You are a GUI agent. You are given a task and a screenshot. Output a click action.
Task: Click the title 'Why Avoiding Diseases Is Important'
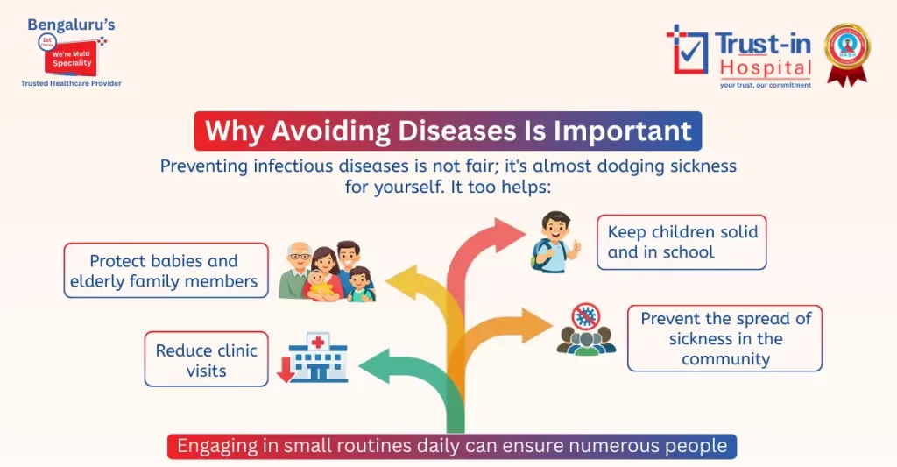pyautogui.click(x=448, y=131)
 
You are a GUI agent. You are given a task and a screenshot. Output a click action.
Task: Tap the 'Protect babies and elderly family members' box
pyautogui.click(x=166, y=271)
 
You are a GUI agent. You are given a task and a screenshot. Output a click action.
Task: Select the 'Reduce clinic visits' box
pyautogui.click(x=206, y=360)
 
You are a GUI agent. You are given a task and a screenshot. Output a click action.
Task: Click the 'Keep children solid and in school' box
pyautogui.click(x=682, y=242)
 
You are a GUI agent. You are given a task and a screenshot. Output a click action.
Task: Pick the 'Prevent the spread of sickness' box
pyautogui.click(x=724, y=339)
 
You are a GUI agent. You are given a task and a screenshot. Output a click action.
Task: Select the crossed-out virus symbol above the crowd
pyautogui.click(x=586, y=316)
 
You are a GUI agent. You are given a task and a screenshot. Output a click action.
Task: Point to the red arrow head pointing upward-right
pyautogui.click(x=507, y=235)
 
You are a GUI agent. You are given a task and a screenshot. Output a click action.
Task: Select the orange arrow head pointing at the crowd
pyautogui.click(x=532, y=325)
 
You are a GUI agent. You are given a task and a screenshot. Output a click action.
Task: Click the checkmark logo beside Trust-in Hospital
pyautogui.click(x=687, y=50)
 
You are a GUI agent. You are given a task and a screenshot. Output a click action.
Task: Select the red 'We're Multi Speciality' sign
pyautogui.click(x=72, y=57)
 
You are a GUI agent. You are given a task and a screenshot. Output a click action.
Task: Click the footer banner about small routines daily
pyautogui.click(x=452, y=446)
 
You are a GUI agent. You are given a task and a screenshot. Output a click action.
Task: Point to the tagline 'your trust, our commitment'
pyautogui.click(x=765, y=85)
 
